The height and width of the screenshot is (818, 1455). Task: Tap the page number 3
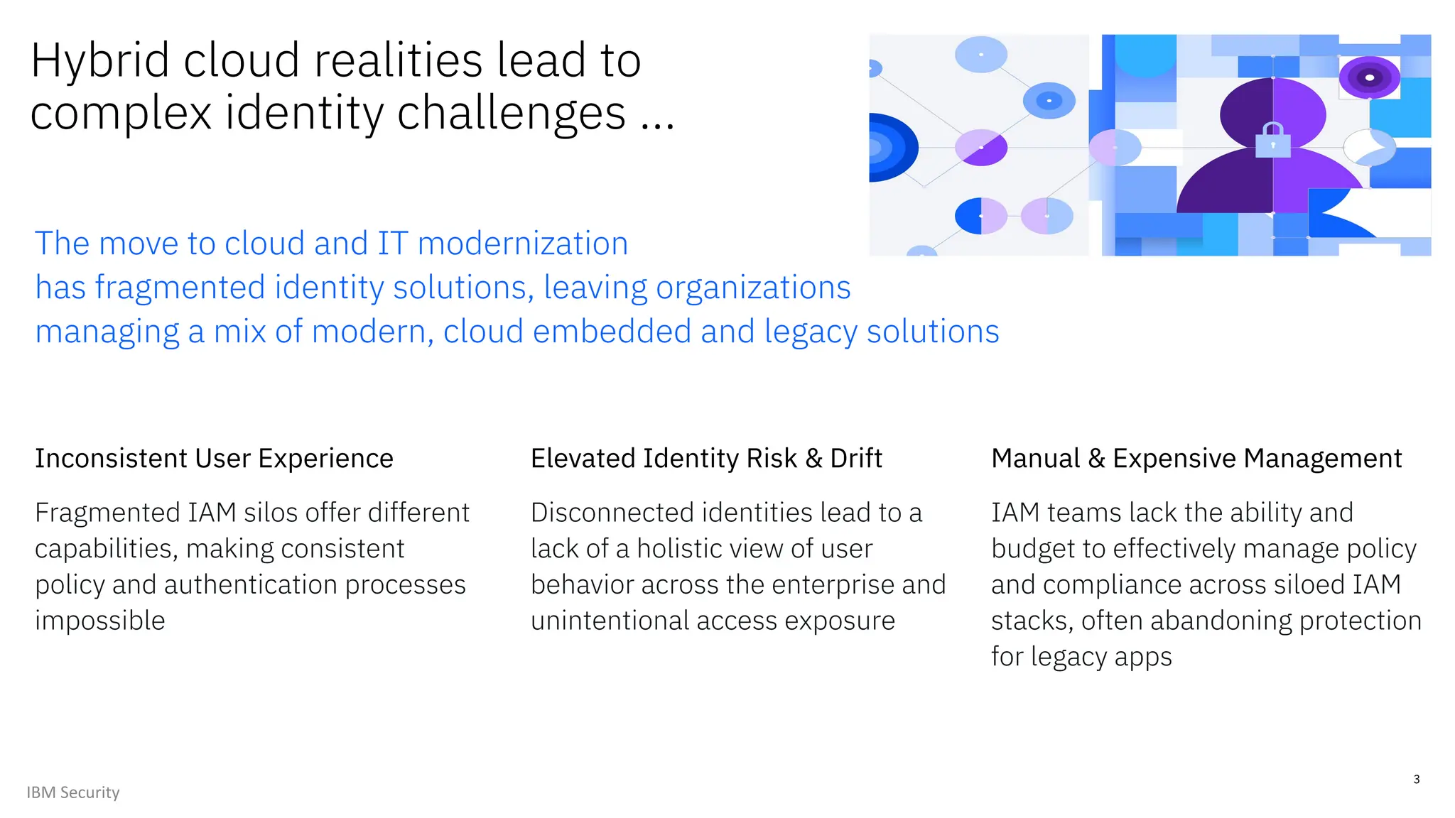(x=1416, y=779)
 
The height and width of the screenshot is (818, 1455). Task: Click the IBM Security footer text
(x=73, y=792)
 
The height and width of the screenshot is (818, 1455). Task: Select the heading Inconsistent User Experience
(x=214, y=459)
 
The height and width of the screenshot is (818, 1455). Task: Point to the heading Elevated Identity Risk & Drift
(x=706, y=459)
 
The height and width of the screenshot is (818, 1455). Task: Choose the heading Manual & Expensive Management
(x=1196, y=459)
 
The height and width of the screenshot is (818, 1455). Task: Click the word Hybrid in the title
(x=100, y=61)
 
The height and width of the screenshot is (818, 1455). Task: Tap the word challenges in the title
(x=512, y=114)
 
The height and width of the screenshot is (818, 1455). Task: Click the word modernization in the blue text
(x=523, y=244)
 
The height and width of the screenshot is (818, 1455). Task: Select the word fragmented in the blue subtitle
(x=180, y=288)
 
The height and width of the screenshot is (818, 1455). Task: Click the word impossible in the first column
(x=100, y=621)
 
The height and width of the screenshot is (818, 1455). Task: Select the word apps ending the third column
(x=1142, y=658)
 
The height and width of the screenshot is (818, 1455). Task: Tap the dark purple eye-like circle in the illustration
(x=1369, y=77)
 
